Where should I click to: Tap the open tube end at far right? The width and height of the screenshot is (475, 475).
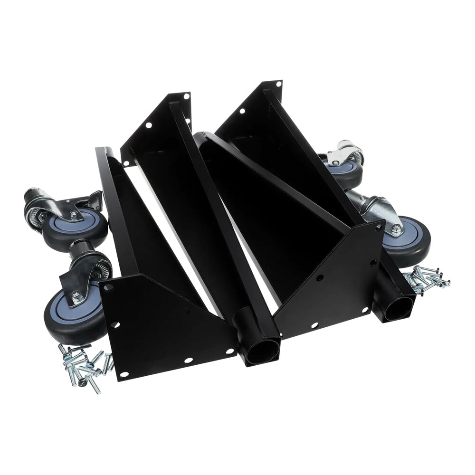(398, 309)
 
